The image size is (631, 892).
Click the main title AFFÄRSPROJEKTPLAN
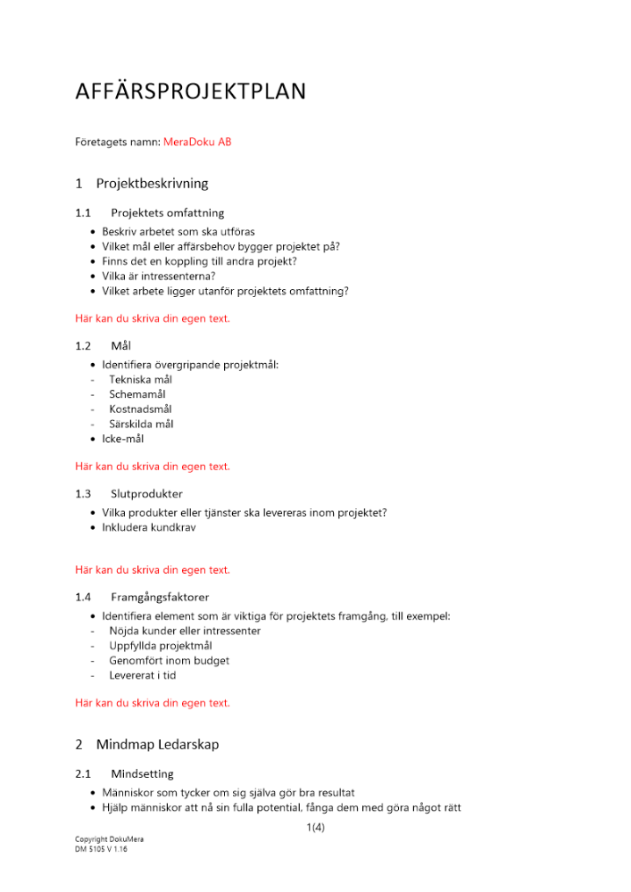(x=190, y=92)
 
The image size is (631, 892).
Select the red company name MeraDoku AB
(x=197, y=142)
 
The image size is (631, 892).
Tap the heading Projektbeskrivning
(x=152, y=184)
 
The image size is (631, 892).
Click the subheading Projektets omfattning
(x=167, y=213)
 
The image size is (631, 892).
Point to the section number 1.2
(x=83, y=345)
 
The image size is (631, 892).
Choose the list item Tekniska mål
(x=140, y=379)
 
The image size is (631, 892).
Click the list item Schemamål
(x=137, y=394)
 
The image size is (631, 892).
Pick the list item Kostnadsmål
(x=140, y=409)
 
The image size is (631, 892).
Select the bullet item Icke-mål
(x=122, y=439)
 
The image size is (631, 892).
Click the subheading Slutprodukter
(x=146, y=493)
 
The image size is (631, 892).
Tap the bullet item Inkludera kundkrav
(x=149, y=527)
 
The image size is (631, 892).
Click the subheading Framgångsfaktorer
(x=160, y=597)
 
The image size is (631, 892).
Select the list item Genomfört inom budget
(x=169, y=661)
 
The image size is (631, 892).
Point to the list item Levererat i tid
(x=142, y=676)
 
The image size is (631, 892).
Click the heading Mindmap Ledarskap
(x=157, y=745)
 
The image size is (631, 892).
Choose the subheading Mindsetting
(x=142, y=773)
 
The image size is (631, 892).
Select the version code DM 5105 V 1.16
(x=100, y=850)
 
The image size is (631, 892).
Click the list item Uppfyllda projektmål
(x=161, y=646)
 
